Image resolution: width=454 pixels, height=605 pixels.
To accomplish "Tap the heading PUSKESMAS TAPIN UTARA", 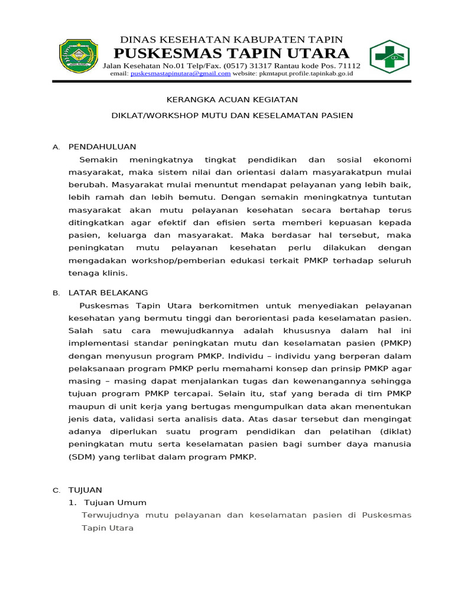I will pyautogui.click(x=231, y=53).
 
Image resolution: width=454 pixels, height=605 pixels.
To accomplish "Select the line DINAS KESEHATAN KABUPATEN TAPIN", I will pyautogui.click(x=231, y=39).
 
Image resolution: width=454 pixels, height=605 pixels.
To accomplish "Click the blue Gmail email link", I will pyautogui.click(x=180, y=74).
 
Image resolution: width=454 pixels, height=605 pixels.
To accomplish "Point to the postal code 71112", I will pyautogui.click(x=346, y=65).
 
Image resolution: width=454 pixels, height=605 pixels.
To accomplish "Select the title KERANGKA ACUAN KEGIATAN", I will pyautogui.click(x=232, y=99).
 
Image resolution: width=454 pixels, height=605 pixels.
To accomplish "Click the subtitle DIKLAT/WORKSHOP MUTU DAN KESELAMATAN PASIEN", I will pyautogui.click(x=232, y=115).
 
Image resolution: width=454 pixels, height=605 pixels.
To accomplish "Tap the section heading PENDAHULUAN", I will pyautogui.click(x=102, y=147).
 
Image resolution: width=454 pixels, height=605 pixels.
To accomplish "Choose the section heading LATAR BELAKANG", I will pyautogui.click(x=108, y=292).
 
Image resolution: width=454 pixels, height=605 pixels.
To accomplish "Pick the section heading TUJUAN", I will pyautogui.click(x=85, y=490).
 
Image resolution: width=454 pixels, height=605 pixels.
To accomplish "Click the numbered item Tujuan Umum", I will pyautogui.click(x=115, y=502).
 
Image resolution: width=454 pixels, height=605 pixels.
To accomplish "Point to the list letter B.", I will pyautogui.click(x=56, y=293).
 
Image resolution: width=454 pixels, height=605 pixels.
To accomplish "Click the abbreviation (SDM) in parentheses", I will pyautogui.click(x=80, y=457).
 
